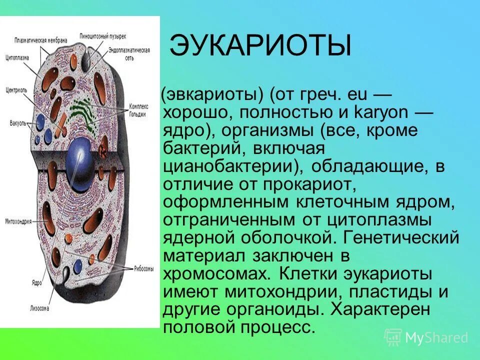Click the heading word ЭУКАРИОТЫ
[260, 46]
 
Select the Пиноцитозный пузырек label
[102, 36]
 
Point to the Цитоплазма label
[17, 57]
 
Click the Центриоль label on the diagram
[16, 91]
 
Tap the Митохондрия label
[19, 220]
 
